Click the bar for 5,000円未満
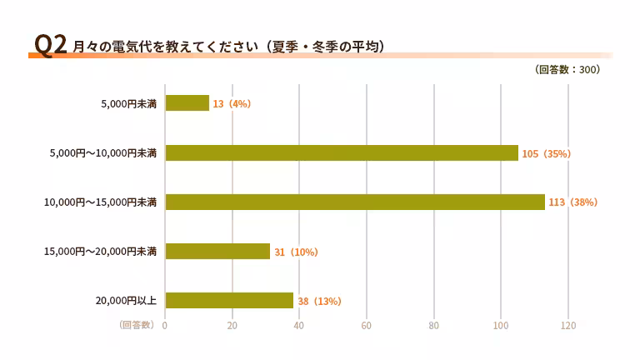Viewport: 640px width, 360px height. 187,103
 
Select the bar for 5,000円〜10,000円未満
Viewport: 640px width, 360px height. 342,152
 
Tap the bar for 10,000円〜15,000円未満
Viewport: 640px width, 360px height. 355,202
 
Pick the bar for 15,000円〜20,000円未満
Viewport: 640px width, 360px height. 217,251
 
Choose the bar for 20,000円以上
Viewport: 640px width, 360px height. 229,300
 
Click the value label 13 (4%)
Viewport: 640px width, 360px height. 232,104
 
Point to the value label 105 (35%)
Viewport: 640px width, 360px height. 546,153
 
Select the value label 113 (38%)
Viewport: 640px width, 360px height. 572,202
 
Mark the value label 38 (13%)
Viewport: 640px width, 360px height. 319,301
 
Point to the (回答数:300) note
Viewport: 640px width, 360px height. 567,70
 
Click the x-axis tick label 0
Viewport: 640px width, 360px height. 165,325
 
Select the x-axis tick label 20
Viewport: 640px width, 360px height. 232,325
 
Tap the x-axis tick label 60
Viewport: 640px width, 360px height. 367,325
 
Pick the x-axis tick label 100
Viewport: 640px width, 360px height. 501,325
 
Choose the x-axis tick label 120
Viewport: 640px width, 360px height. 568,325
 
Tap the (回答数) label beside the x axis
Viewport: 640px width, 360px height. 137,325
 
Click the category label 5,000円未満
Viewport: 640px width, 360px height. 128,103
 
